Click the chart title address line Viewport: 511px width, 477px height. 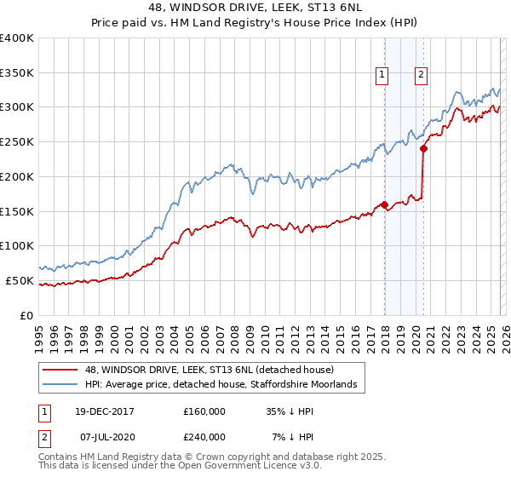click(x=255, y=9)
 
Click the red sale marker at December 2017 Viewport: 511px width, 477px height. click(x=384, y=204)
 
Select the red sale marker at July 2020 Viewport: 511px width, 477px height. click(x=423, y=148)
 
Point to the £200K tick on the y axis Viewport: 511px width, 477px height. click(x=17, y=176)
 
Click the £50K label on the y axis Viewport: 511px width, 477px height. click(x=19, y=280)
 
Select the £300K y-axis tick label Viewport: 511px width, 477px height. click(x=17, y=107)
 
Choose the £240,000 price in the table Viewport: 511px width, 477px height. click(x=204, y=437)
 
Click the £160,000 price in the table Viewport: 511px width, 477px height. click(x=204, y=411)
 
